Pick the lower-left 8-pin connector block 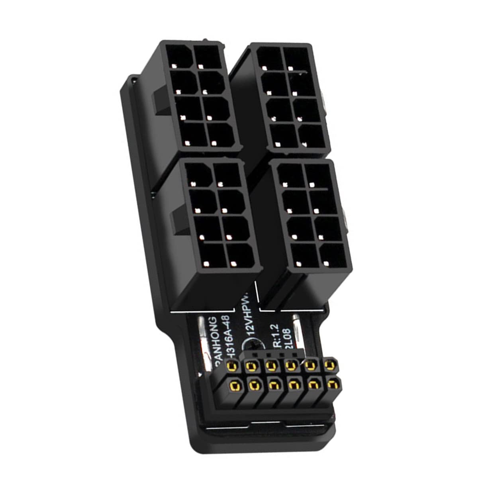tap(217, 215)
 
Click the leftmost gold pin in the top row tap(231, 365)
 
